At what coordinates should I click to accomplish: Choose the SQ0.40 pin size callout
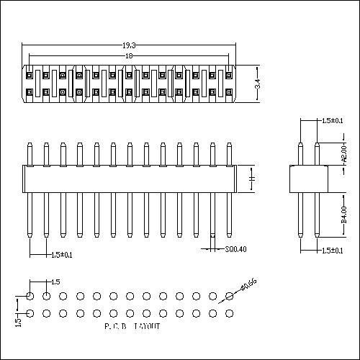[235, 249]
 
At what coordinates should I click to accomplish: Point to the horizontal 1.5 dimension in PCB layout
[55, 282]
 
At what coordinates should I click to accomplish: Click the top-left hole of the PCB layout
[30, 296]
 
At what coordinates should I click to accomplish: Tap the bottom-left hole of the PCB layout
[30, 313]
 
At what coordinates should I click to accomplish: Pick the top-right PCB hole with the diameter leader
[230, 296]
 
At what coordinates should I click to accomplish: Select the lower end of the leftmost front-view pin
[30, 235]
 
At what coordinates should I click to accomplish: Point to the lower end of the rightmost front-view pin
[229, 235]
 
